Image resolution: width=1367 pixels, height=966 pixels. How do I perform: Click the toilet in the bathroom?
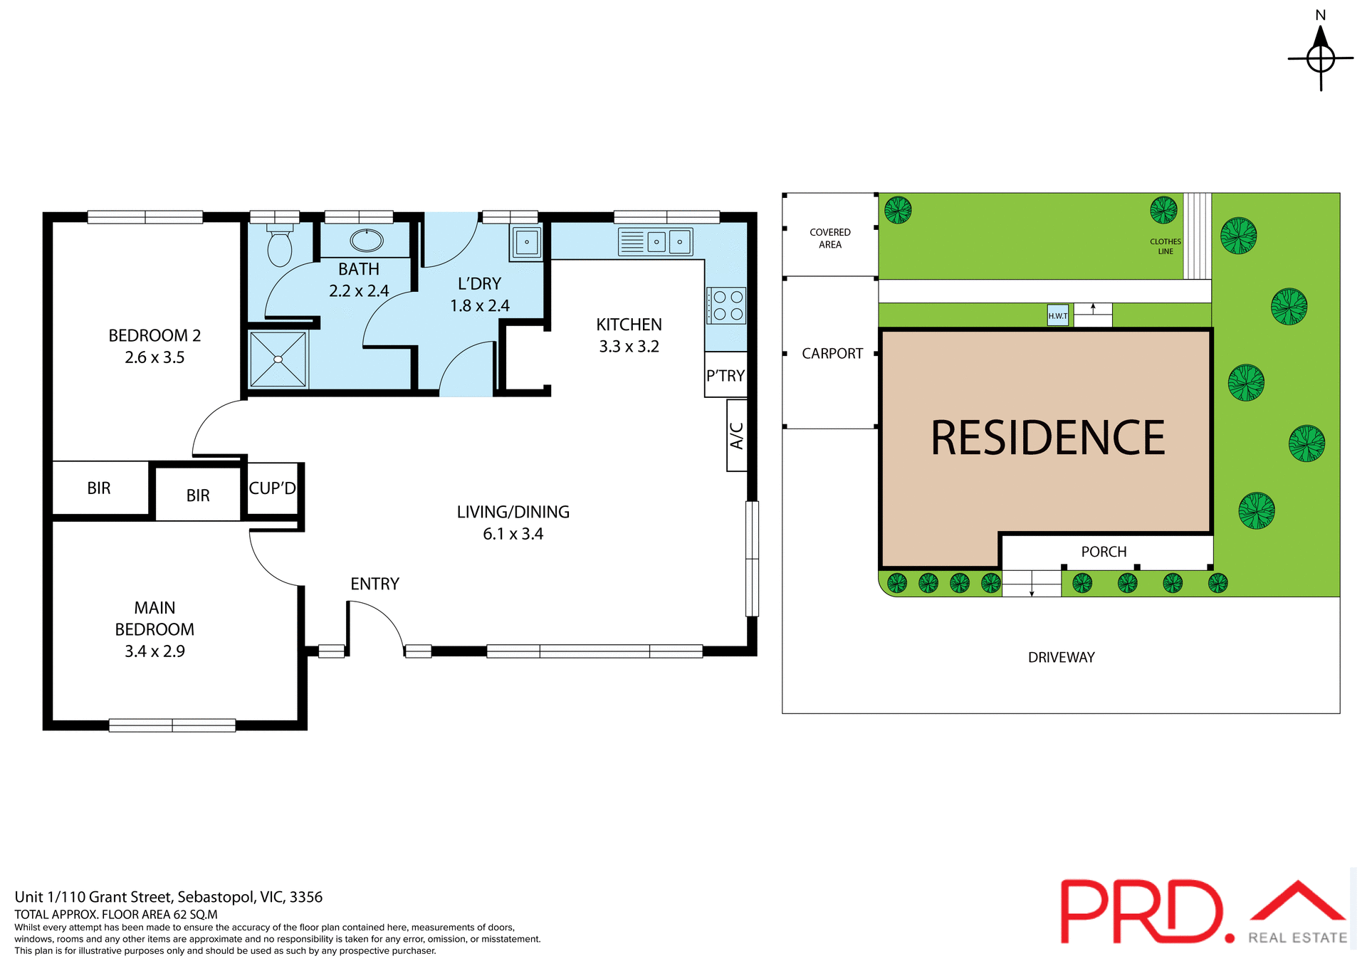pyautogui.click(x=279, y=246)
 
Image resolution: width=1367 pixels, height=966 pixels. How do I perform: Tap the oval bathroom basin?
pyautogui.click(x=367, y=241)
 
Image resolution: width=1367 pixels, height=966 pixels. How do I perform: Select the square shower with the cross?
pyautogui.click(x=278, y=359)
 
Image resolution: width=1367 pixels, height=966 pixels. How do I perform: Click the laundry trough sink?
pyautogui.click(x=527, y=242)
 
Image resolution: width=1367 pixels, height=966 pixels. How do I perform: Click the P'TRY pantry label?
pyautogui.click(x=726, y=375)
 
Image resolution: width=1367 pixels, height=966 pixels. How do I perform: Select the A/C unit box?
pyautogui.click(x=737, y=436)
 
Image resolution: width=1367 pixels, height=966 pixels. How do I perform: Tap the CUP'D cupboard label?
pyautogui.click(x=272, y=488)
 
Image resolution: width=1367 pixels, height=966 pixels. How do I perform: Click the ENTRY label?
pyautogui.click(x=375, y=584)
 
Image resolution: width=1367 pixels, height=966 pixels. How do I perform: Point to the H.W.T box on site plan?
pyautogui.click(x=1057, y=315)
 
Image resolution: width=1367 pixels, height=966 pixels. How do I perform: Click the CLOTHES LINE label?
pyautogui.click(x=1166, y=246)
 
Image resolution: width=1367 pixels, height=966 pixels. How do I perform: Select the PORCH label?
pyautogui.click(x=1104, y=552)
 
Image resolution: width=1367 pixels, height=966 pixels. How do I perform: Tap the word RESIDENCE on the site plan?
pyautogui.click(x=1047, y=438)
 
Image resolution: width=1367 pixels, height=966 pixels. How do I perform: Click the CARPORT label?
pyautogui.click(x=832, y=354)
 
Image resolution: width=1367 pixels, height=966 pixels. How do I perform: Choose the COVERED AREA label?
pyautogui.click(x=830, y=238)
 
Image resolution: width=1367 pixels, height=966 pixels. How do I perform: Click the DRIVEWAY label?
pyautogui.click(x=1061, y=658)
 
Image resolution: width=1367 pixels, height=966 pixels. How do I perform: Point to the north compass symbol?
pyautogui.click(x=1321, y=57)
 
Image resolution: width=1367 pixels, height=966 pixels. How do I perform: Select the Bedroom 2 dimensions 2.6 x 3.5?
pyautogui.click(x=154, y=357)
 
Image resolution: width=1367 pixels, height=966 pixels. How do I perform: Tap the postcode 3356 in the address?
pyautogui.click(x=306, y=897)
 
